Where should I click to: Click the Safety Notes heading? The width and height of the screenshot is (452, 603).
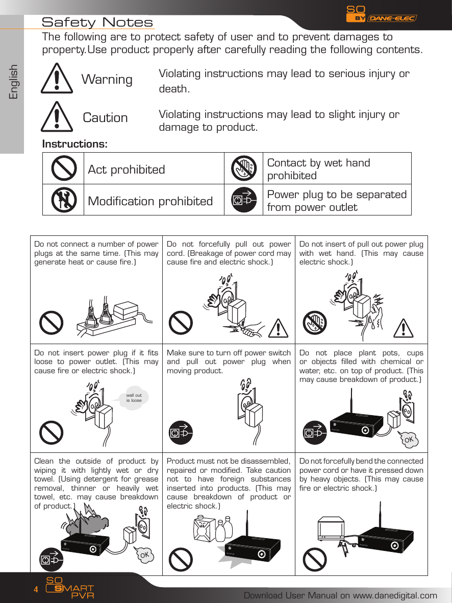97,22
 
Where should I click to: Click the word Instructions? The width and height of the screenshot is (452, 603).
74,144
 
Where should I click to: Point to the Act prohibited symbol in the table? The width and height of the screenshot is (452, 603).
64,168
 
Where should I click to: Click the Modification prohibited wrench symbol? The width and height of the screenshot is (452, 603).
64,200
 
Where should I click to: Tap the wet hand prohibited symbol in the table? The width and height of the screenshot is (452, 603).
243,168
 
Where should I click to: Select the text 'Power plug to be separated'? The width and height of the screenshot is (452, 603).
337,195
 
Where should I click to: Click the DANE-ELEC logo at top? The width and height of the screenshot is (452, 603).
392,18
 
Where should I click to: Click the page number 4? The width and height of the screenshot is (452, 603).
36,590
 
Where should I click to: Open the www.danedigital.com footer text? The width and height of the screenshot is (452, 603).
340,595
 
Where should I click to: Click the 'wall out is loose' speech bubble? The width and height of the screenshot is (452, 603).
134,398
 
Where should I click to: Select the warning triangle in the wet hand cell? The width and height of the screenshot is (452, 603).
404,327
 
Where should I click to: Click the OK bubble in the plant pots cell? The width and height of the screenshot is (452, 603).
409,439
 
